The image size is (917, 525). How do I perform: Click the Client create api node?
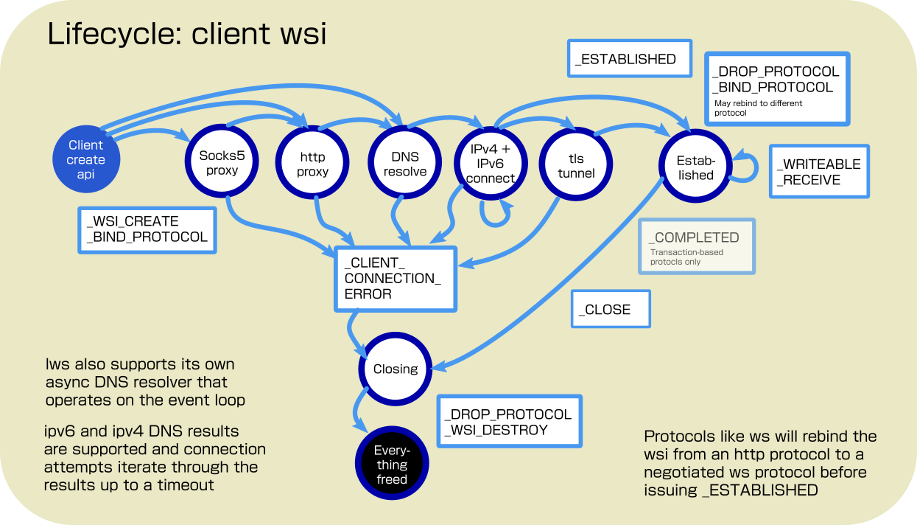click(86, 160)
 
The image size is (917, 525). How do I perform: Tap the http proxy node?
click(312, 164)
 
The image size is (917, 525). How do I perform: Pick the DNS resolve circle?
click(405, 164)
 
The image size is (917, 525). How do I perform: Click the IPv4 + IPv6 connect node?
click(490, 164)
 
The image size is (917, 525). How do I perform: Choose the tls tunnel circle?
click(576, 165)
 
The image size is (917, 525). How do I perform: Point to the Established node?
click(696, 167)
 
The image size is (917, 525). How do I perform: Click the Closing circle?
click(396, 369)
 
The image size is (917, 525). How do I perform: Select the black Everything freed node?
click(391, 465)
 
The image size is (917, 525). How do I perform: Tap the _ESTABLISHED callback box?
click(630, 59)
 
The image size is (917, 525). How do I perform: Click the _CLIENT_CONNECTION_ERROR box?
click(396, 278)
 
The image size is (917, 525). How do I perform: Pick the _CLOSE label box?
click(611, 309)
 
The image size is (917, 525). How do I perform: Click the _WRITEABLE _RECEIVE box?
click(819, 171)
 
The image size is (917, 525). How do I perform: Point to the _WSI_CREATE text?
click(133, 221)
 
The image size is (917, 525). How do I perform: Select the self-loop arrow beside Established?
click(750, 166)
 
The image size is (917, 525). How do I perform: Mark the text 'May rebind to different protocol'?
click(759, 108)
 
